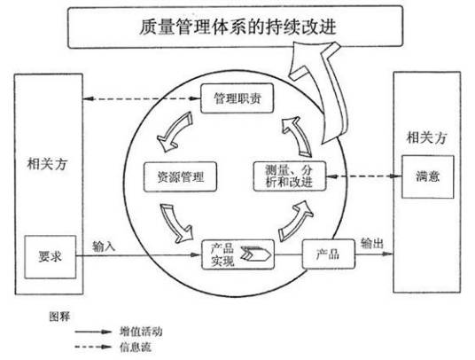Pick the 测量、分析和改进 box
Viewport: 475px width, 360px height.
point(289,176)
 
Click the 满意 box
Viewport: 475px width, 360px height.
point(426,176)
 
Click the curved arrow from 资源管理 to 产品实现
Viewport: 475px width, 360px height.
point(174,222)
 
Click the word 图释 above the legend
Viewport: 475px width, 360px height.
point(59,315)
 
